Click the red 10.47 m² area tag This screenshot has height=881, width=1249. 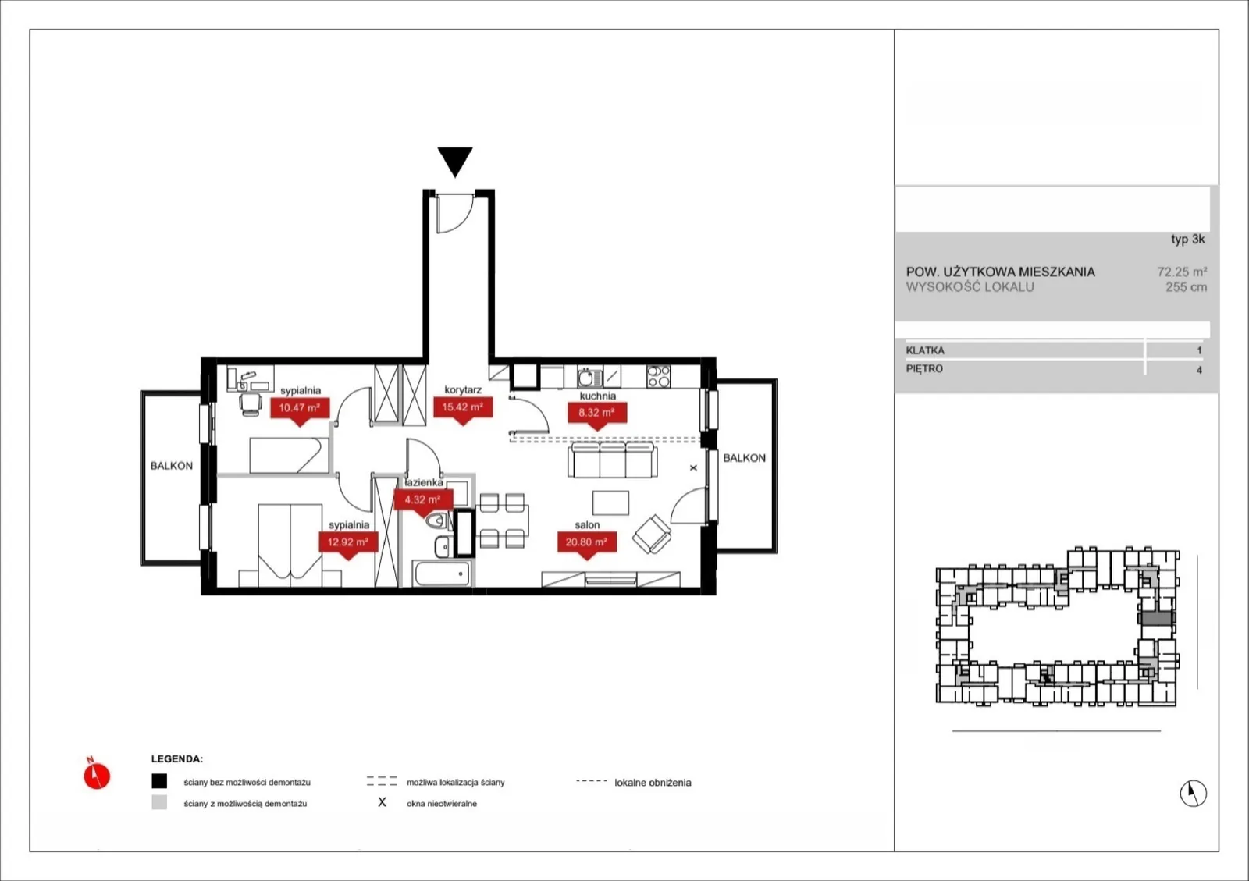pyautogui.click(x=300, y=408)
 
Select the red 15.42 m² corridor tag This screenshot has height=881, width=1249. pyautogui.click(x=463, y=407)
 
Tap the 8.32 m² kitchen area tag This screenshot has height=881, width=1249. pyautogui.click(x=597, y=413)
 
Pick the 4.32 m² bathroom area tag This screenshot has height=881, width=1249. pyautogui.click(x=422, y=500)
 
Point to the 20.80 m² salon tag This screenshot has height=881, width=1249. pyautogui.click(x=586, y=542)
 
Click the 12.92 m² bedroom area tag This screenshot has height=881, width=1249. pyautogui.click(x=348, y=542)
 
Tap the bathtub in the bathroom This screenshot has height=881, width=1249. pyautogui.click(x=443, y=574)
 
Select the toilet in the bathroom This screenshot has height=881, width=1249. pyautogui.click(x=436, y=521)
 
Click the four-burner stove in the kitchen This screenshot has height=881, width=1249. pyautogui.click(x=659, y=376)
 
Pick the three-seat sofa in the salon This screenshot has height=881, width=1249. pyautogui.click(x=612, y=460)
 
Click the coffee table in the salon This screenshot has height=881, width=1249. pyautogui.click(x=610, y=503)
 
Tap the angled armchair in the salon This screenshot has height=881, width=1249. pyautogui.click(x=652, y=534)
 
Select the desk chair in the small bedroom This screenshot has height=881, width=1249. pyautogui.click(x=251, y=404)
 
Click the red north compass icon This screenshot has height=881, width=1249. pyautogui.click(x=97, y=775)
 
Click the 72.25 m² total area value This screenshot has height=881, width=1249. pyautogui.click(x=1182, y=272)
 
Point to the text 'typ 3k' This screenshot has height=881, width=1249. pyautogui.click(x=1187, y=240)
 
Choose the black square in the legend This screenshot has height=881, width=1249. pyautogui.click(x=159, y=781)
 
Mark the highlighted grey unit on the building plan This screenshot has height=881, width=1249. pyautogui.click(x=1157, y=618)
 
